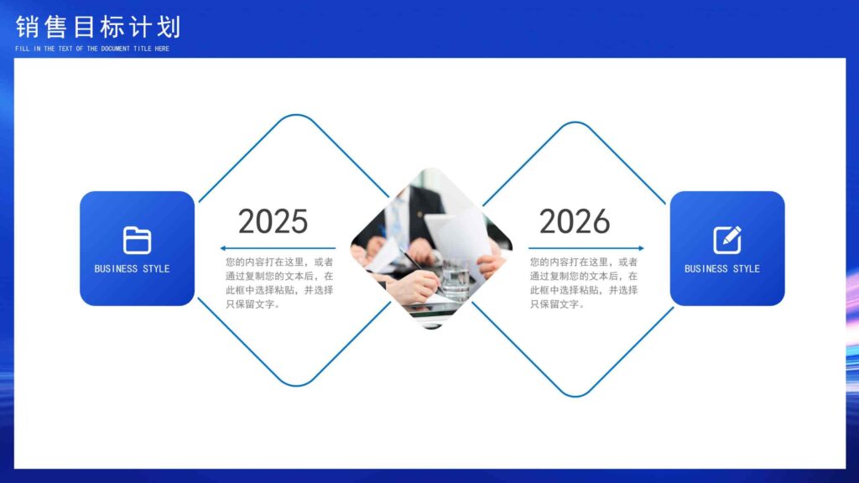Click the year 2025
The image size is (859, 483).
[x=273, y=221]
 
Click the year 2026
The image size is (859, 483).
[x=574, y=221]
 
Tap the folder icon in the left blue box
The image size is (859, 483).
[x=137, y=241]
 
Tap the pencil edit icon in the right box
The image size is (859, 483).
[x=727, y=240]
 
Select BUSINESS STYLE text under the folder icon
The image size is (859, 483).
[x=132, y=269]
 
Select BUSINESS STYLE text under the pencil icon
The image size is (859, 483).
[x=722, y=269]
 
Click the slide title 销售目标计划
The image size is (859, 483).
[x=98, y=27]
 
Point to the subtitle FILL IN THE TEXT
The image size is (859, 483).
[x=92, y=49]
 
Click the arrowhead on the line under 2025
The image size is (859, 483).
[x=223, y=248]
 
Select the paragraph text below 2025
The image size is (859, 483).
[x=279, y=283]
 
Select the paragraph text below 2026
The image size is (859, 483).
[x=584, y=283]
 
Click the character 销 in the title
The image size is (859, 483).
[x=27, y=27]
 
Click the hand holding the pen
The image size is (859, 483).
[x=414, y=285]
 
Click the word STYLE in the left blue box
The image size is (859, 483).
[x=156, y=269]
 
